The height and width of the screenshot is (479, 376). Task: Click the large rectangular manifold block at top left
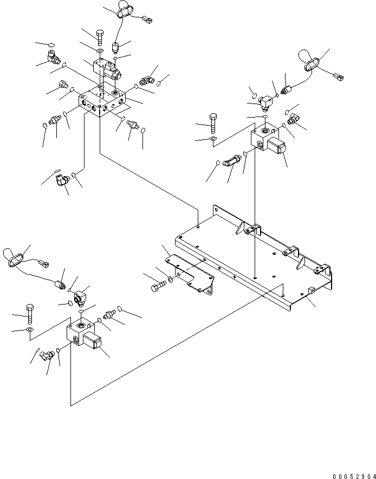coord(103,101)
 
